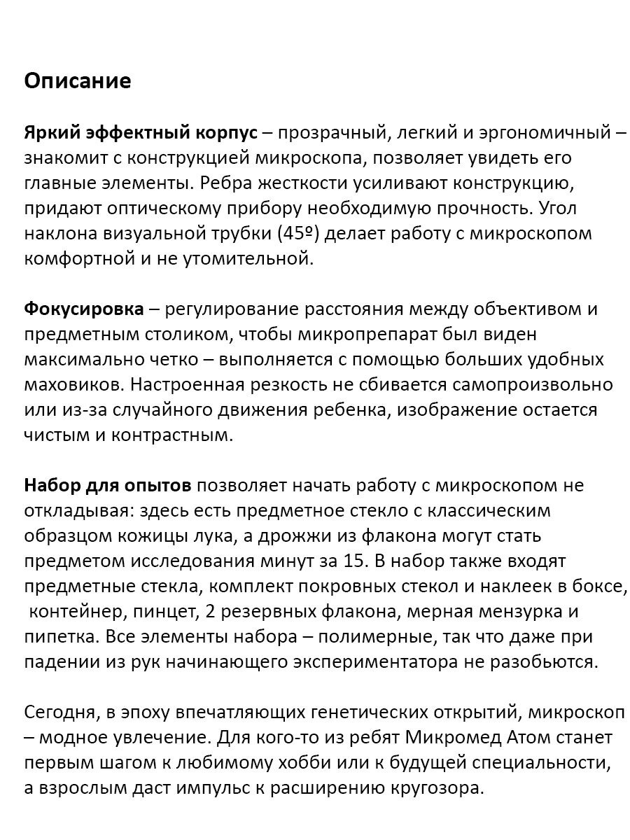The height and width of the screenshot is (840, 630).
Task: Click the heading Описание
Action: (78, 81)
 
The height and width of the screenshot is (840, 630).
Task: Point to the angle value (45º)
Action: (298, 234)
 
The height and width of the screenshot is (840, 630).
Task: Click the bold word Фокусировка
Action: (84, 309)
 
